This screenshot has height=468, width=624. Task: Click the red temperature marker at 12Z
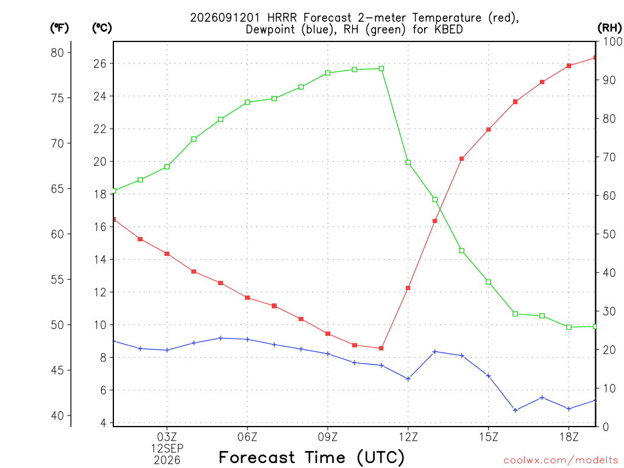(408, 288)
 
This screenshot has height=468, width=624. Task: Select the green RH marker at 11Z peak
(381, 68)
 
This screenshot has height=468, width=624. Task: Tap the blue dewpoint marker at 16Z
(516, 410)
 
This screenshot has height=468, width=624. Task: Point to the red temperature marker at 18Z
(569, 66)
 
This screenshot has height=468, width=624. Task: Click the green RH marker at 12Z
(408, 162)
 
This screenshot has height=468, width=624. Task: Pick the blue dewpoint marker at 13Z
(435, 352)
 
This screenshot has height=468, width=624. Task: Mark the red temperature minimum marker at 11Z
(381, 348)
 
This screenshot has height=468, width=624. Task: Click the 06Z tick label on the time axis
(247, 437)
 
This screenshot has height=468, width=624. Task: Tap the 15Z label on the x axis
(488, 437)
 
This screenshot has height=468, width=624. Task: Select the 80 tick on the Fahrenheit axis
(57, 52)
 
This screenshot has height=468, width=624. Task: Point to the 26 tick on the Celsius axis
(100, 63)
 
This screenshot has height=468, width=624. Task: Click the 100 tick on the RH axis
(612, 41)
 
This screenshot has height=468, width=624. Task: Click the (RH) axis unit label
(609, 27)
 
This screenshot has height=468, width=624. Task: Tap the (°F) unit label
(59, 28)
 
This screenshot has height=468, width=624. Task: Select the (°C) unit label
(102, 28)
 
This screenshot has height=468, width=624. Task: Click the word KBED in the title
(448, 29)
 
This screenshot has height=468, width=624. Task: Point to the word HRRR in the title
(282, 18)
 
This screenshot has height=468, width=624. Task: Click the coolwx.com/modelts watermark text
(561, 460)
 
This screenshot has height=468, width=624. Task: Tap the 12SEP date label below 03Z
(167, 448)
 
